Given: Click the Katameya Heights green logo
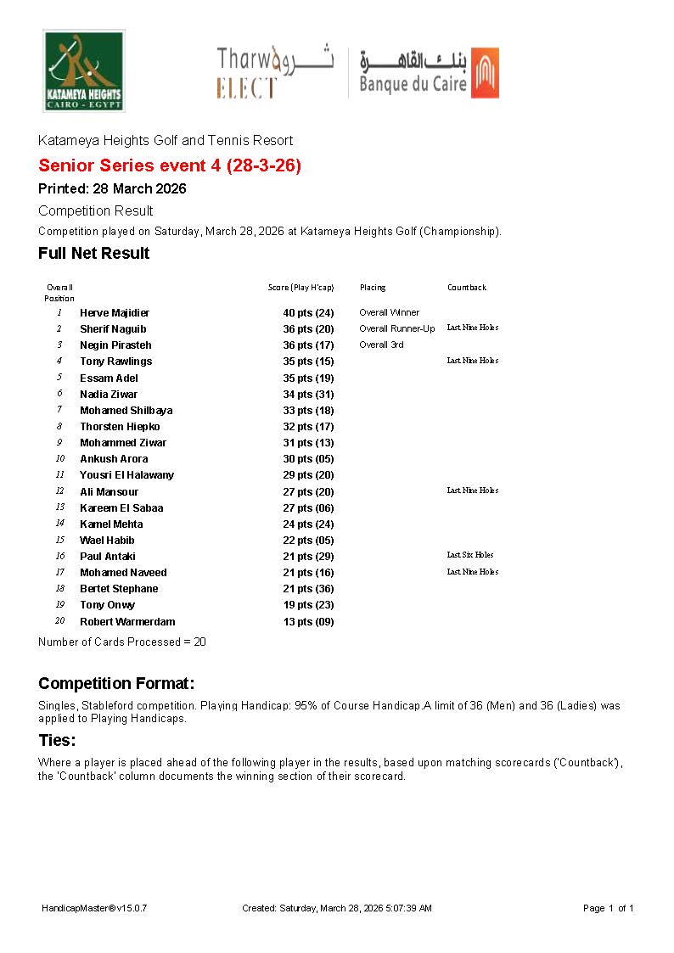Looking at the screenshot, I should pyautogui.click(x=84, y=70).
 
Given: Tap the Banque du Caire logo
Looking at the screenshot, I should pyautogui.click(x=428, y=72).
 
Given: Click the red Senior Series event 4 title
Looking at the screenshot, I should pyautogui.click(x=170, y=165).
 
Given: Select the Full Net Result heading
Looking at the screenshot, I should pyautogui.click(x=93, y=253).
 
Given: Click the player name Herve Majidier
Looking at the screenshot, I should pyautogui.click(x=115, y=313).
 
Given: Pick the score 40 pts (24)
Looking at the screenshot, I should pyautogui.click(x=308, y=313).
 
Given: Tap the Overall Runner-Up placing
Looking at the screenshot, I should pyautogui.click(x=396, y=329).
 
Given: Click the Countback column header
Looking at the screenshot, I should pyautogui.click(x=467, y=288).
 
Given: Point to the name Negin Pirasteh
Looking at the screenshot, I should pyautogui.click(x=115, y=345).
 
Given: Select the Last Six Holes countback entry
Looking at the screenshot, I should pyautogui.click(x=470, y=555).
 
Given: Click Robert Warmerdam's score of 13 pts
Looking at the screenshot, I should pyautogui.click(x=308, y=622).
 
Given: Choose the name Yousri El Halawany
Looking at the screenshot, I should pyautogui.click(x=126, y=475).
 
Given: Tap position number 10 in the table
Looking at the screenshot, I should pyautogui.click(x=60, y=459).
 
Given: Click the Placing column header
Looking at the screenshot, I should pyautogui.click(x=373, y=288).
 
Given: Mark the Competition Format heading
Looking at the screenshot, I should pyautogui.click(x=116, y=683).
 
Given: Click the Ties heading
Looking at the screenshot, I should pyautogui.click(x=57, y=740).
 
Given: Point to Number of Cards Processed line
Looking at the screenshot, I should pyautogui.click(x=122, y=642).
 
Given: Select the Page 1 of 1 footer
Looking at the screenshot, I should pyautogui.click(x=609, y=908).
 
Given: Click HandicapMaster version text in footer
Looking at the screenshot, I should pyautogui.click(x=94, y=908).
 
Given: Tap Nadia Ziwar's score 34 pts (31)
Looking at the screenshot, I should pyautogui.click(x=308, y=395).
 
